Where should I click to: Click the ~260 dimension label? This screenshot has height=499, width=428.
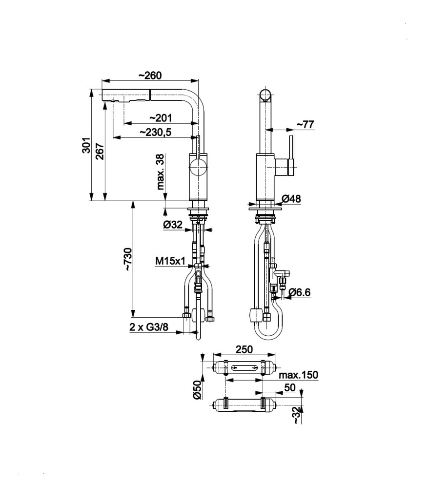point(150,76)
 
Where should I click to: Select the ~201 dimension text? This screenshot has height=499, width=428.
point(161,118)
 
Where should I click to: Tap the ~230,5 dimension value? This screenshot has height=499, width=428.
point(156,132)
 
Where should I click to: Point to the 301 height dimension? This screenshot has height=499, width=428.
point(86,145)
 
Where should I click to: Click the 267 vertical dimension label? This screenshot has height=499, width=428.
point(100,152)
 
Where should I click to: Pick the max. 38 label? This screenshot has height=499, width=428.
point(161,172)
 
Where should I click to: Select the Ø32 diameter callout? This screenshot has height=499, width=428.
point(173,225)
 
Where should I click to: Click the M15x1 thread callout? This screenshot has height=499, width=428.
point(170,261)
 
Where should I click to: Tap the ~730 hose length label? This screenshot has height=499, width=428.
point(128,259)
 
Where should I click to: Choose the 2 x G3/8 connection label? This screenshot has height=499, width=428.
point(149,327)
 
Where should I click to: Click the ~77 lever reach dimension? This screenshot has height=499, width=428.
point(306,124)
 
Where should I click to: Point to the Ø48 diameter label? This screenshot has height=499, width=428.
point(291,199)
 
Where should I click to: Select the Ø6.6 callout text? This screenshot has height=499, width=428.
point(299,292)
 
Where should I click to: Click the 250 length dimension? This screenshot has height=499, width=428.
point(244,349)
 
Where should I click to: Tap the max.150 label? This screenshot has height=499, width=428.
point(299,375)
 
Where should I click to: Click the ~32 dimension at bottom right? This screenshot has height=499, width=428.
point(297,415)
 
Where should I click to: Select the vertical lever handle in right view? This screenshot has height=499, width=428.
point(291,155)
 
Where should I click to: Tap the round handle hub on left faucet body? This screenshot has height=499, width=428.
point(198,168)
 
